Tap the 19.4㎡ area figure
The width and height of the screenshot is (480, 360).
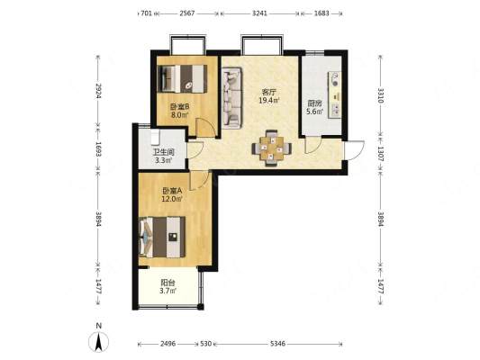point(268,100)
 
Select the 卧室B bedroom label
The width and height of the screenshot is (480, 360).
point(180,107)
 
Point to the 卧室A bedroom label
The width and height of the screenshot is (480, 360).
point(172,191)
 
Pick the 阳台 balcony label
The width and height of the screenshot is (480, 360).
point(168,283)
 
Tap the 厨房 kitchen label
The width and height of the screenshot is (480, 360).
point(314,103)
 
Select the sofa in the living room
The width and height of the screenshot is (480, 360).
point(231,98)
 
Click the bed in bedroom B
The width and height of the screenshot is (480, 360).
point(182,79)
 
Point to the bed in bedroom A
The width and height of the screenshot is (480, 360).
point(162,237)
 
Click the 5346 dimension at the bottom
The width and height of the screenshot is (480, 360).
point(277,344)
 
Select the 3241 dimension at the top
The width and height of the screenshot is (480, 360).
point(259,13)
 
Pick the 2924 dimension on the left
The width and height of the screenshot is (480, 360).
point(98,91)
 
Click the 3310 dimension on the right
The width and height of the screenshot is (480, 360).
point(380,95)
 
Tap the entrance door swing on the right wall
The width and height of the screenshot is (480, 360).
point(354,150)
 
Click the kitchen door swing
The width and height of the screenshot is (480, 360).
point(313,146)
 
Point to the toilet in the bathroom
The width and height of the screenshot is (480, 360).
point(155,138)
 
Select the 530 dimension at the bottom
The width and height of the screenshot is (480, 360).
point(205,344)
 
